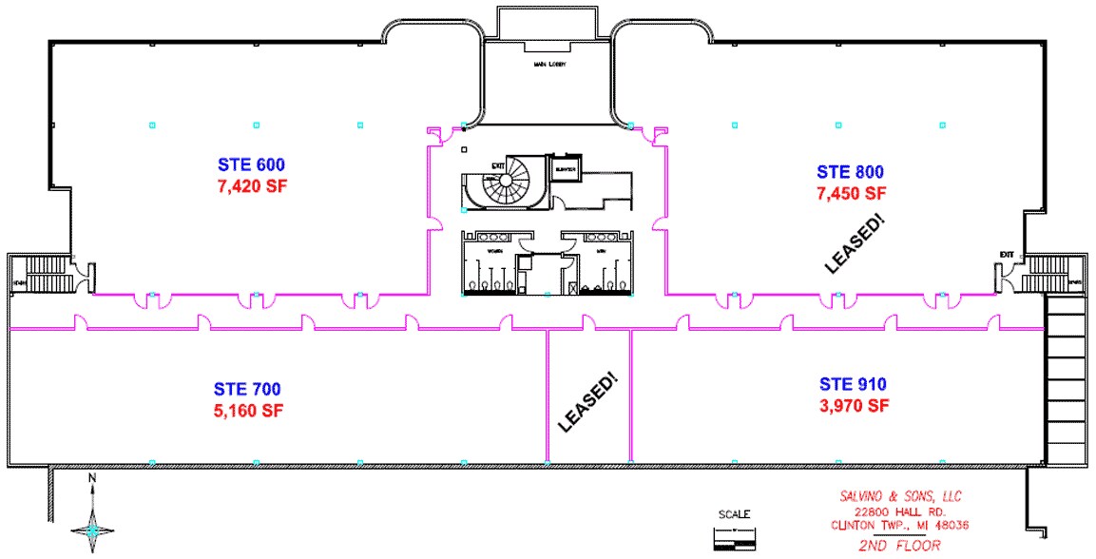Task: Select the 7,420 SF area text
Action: [x=252, y=185]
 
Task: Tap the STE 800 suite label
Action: [x=850, y=172]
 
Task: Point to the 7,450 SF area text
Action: [x=850, y=193]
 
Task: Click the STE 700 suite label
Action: [x=247, y=390]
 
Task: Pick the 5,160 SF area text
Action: [x=247, y=411]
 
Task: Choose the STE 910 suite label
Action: [x=853, y=385]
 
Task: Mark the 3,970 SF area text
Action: [x=853, y=406]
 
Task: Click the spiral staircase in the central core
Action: [x=510, y=182]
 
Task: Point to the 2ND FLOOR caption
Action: [x=897, y=545]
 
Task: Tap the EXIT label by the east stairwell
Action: [x=1007, y=254]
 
